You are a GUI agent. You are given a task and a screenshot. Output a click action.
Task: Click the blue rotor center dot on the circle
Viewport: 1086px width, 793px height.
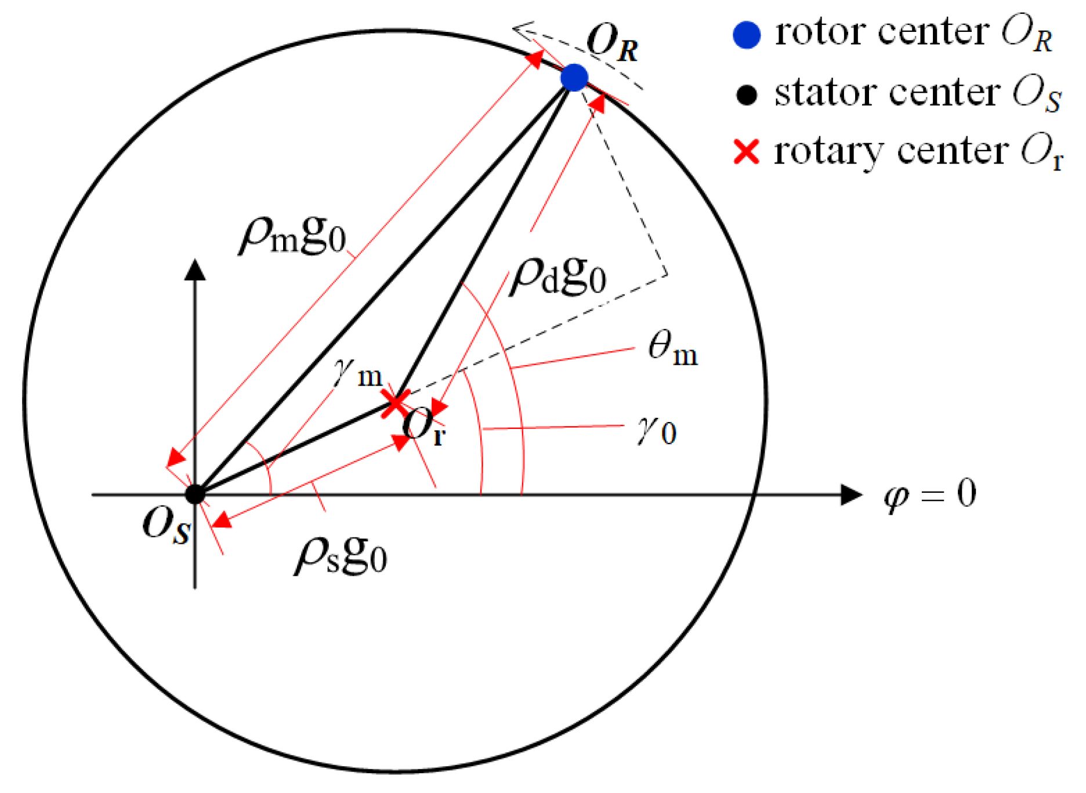tap(574, 78)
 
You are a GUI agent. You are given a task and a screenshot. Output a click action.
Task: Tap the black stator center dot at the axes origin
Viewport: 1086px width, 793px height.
tap(195, 494)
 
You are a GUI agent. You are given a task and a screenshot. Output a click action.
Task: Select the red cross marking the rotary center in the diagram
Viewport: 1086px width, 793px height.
tap(395, 402)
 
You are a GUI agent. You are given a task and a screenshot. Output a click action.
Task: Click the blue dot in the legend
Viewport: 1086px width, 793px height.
tap(747, 35)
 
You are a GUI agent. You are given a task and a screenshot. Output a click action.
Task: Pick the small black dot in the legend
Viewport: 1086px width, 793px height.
tap(747, 95)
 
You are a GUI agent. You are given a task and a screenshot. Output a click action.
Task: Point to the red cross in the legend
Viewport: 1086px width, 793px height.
tap(747, 152)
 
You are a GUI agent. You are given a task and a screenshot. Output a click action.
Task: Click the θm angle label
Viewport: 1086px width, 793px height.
tap(672, 350)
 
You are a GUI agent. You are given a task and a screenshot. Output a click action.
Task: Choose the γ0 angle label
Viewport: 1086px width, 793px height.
tap(656, 431)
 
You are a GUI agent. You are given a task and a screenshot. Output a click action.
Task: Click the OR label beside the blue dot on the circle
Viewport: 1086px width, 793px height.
tap(613, 44)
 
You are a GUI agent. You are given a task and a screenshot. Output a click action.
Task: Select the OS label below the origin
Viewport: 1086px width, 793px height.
tap(166, 525)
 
